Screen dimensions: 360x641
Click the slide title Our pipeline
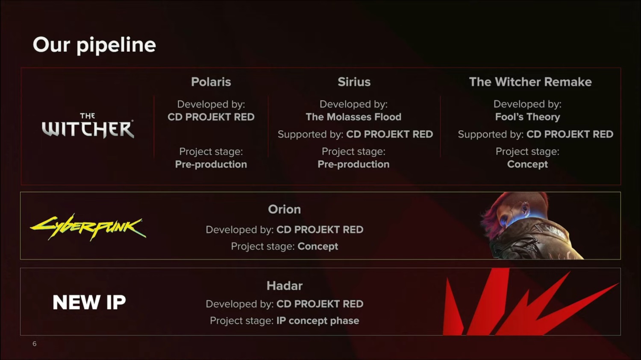pos(94,45)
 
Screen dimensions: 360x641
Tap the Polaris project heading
pos(211,82)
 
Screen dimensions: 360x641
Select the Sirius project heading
pos(354,82)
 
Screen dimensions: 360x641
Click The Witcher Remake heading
pos(530,82)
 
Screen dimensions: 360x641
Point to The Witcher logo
pos(88,126)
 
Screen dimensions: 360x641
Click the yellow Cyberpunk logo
pos(88,227)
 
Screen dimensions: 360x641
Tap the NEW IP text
pos(89,302)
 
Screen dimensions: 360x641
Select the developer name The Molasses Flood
pos(353,117)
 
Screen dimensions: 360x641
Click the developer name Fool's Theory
pos(527,117)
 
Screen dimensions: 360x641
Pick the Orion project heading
pos(284,209)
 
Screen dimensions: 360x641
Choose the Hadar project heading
pos(284,286)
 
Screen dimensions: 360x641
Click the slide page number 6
pos(35,344)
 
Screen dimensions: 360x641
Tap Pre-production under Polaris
pos(211,164)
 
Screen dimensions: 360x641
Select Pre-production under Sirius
pos(353,164)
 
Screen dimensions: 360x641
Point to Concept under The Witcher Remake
pos(527,164)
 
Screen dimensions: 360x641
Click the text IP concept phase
pos(318,321)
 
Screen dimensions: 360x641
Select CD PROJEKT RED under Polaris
pos(211,117)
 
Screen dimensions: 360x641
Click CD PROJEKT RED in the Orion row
pos(320,230)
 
